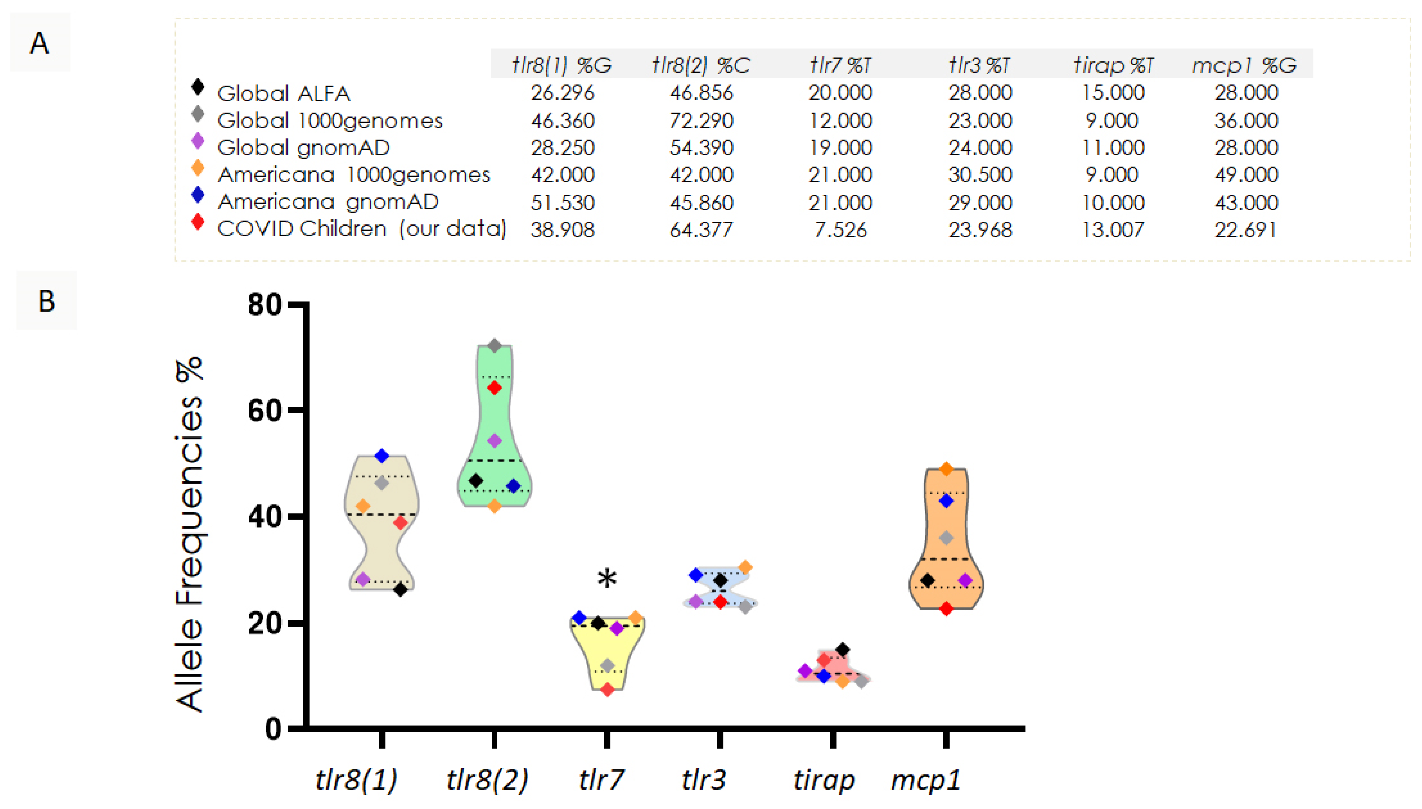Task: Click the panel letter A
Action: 39,43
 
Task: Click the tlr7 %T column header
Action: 840,65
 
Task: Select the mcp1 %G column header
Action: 1244,65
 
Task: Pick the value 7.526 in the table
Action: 840,230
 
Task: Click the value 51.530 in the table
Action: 562,202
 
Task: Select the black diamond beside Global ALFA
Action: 197,87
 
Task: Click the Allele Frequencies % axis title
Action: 189,533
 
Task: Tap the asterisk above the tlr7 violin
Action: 607,579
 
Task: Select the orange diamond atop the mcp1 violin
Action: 946,469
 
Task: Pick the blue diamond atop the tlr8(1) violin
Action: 381,456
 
